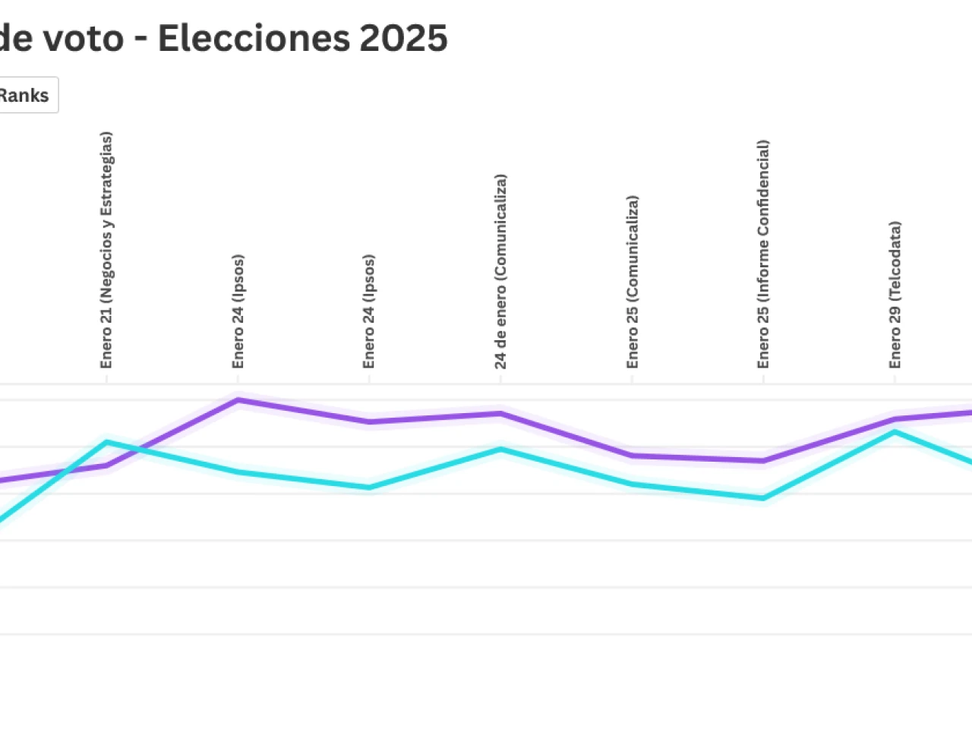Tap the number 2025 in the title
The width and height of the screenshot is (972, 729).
tap(403, 38)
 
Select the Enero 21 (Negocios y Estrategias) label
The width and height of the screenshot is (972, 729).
tap(106, 251)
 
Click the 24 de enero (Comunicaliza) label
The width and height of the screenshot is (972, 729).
tap(500, 272)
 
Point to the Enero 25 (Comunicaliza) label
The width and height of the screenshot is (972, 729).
tap(632, 282)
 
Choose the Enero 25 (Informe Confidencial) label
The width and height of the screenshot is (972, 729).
tap(763, 254)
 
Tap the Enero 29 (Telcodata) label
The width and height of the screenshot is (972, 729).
tap(895, 295)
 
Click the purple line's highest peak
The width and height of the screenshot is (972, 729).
tap(238, 399)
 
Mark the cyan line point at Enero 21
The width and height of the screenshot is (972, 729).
tap(106, 442)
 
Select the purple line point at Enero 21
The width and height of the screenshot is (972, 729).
tap(106, 465)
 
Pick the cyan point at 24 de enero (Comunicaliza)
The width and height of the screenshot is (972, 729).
tap(500, 449)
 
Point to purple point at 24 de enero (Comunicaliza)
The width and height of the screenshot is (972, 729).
tap(500, 414)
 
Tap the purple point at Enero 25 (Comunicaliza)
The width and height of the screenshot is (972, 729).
tap(632, 456)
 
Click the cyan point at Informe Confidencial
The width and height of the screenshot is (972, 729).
tap(763, 498)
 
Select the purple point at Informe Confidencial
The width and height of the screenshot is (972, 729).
tap(763, 460)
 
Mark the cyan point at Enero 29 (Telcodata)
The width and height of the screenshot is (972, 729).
tap(895, 432)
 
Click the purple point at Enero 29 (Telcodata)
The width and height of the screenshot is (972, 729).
tap(895, 418)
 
